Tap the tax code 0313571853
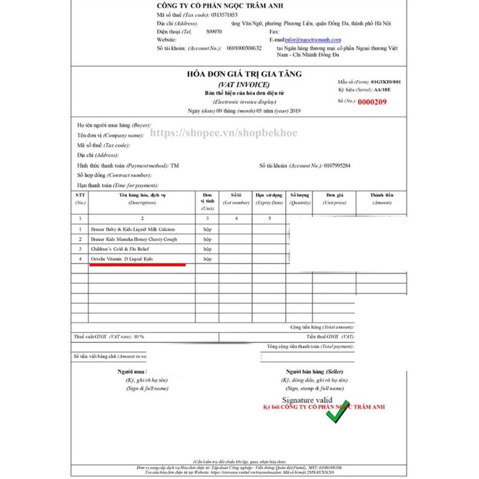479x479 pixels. pos(225,14)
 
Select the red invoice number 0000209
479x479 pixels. pos(372,102)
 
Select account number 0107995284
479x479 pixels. pos(336,165)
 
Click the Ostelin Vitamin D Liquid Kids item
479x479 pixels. pos(122,258)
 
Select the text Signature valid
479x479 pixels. pos(307,399)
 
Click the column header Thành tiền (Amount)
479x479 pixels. pos(381,198)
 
